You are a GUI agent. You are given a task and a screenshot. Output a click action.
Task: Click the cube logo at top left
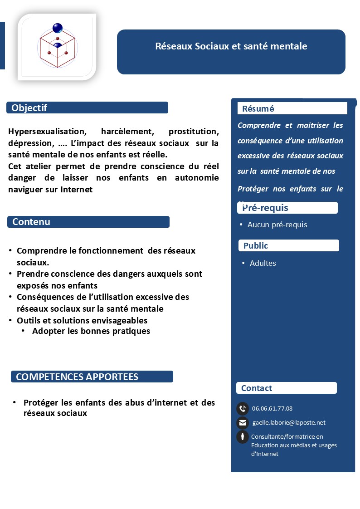[57, 46]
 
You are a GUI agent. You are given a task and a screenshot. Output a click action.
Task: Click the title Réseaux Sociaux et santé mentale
[231, 46]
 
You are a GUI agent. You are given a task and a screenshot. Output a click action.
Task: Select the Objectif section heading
[29, 108]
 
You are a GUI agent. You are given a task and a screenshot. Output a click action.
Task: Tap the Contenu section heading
[31, 222]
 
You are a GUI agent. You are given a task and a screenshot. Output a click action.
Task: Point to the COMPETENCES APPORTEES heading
[77, 377]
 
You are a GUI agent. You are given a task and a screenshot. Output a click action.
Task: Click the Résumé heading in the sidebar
[258, 109]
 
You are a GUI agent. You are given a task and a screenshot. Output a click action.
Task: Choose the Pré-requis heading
[265, 208]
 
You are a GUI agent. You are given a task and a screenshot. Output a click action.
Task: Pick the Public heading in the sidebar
[256, 246]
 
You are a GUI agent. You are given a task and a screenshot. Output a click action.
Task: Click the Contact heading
[257, 388]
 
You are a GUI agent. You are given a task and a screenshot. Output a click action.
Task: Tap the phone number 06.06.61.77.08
[272, 408]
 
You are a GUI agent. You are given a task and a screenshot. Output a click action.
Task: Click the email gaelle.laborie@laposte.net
[289, 423]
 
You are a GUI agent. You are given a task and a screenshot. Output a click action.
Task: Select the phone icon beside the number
[243, 408]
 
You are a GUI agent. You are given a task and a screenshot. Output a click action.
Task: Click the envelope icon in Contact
[243, 423]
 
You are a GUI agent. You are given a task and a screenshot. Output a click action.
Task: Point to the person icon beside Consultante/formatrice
[243, 437]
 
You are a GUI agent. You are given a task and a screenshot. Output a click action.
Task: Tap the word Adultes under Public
[263, 263]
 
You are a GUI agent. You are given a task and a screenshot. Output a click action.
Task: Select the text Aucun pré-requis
[277, 225]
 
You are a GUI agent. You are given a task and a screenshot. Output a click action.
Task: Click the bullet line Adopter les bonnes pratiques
[91, 331]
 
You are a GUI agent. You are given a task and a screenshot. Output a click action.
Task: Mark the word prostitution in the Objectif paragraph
[194, 132]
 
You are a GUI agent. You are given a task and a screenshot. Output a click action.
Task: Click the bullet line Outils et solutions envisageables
[82, 320]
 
